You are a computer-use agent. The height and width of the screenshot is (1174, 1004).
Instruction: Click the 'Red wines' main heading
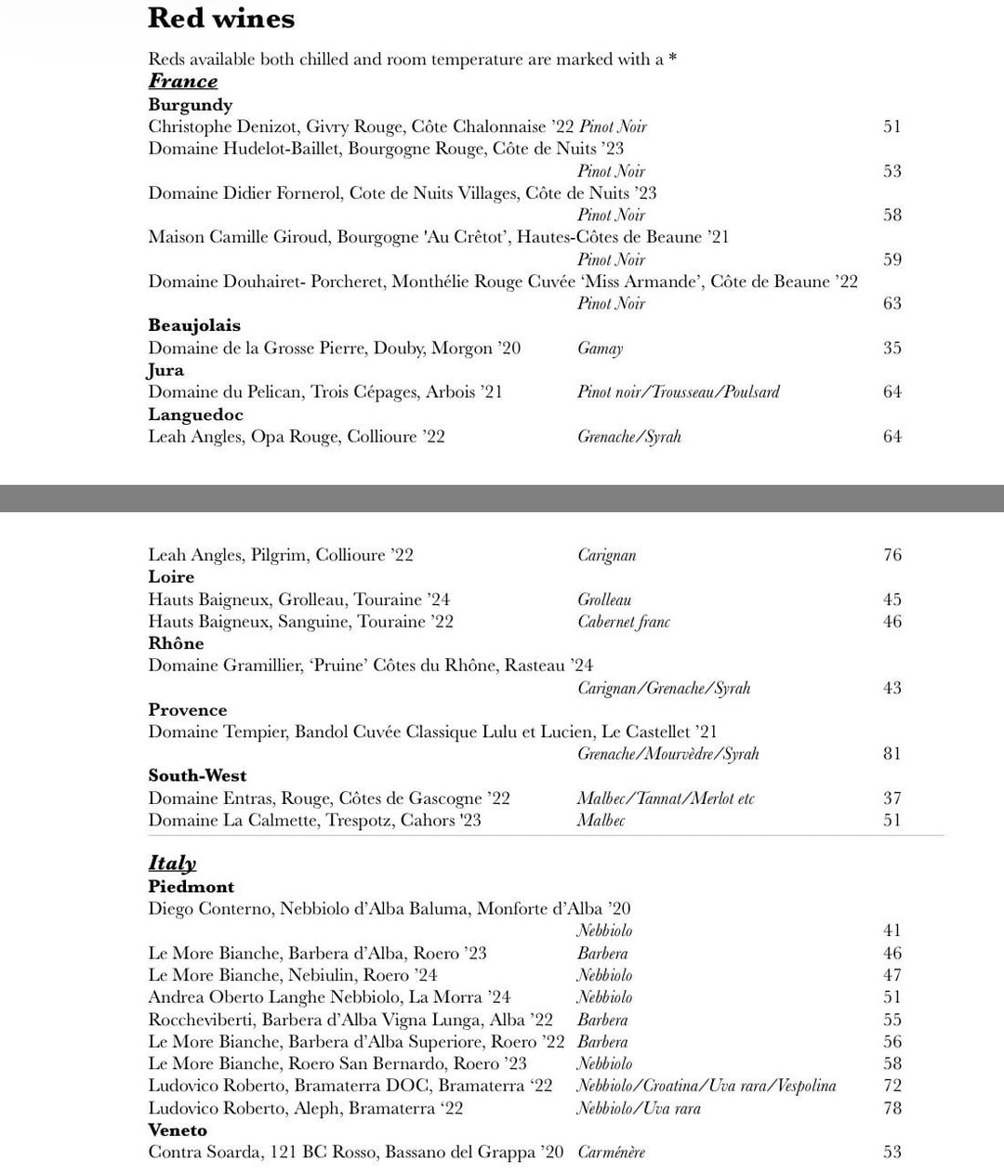(221, 19)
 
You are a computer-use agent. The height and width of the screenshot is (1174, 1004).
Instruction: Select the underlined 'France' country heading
(183, 82)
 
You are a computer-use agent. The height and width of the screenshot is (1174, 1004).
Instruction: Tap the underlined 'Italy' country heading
(172, 864)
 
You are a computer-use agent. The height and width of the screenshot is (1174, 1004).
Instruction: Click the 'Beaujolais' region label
(194, 325)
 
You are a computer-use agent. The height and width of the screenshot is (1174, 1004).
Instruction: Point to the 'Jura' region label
(166, 370)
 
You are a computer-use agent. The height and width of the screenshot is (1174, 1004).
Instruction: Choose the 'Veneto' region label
(178, 1130)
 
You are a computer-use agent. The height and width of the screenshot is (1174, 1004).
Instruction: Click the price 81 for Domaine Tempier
(892, 754)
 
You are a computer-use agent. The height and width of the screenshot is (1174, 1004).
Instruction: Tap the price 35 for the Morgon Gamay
(892, 349)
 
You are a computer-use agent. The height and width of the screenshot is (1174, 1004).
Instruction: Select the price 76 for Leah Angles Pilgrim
(892, 556)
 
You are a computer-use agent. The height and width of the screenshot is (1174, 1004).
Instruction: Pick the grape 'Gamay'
(600, 349)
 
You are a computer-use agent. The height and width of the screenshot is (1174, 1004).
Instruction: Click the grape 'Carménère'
(611, 1153)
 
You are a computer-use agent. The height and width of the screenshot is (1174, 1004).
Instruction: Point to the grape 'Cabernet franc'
(623, 622)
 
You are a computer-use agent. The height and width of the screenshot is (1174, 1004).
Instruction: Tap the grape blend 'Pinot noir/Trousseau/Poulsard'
(678, 392)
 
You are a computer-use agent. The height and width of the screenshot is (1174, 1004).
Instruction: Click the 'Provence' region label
(187, 710)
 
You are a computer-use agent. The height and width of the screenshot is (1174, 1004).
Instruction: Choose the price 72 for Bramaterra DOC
(892, 1086)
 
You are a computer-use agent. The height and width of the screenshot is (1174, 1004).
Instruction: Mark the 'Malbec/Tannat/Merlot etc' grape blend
(666, 798)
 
